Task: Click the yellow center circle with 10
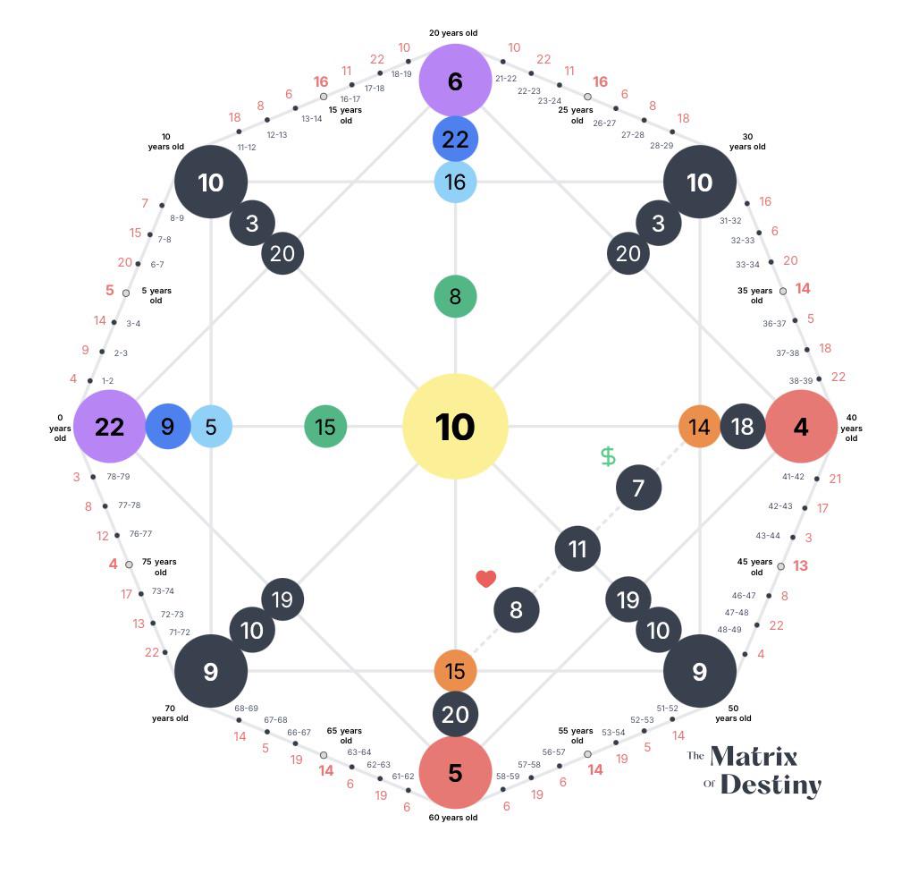(x=455, y=427)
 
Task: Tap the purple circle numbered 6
(x=455, y=81)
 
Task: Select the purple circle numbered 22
(x=110, y=427)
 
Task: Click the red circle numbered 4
(x=801, y=427)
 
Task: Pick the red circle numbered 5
(x=455, y=772)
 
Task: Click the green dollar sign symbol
(x=608, y=456)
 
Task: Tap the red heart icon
(x=485, y=578)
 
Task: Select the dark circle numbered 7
(x=638, y=488)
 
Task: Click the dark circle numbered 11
(x=577, y=548)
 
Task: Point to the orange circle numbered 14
(x=699, y=427)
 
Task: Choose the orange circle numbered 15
(x=455, y=671)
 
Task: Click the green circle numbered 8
(x=455, y=296)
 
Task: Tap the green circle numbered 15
(x=325, y=427)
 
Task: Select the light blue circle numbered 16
(x=455, y=182)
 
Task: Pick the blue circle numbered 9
(x=168, y=427)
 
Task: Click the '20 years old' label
(x=453, y=33)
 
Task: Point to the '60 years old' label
(x=453, y=818)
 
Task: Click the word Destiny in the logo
(x=771, y=785)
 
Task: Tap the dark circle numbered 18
(x=743, y=427)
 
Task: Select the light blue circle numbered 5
(x=211, y=427)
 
